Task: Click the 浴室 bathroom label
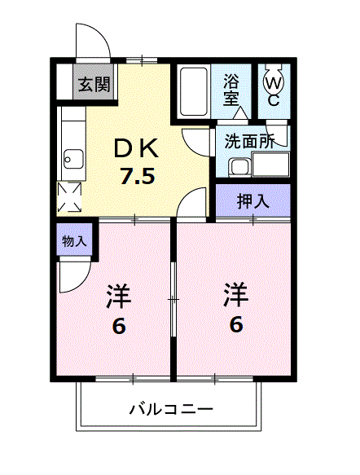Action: tap(231, 90)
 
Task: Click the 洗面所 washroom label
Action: tap(250, 139)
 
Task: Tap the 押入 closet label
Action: tap(252, 201)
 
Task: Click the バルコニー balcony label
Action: tap(171, 408)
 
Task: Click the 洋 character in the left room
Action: tap(118, 296)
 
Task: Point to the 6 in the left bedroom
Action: tap(118, 326)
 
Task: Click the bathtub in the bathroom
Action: tap(192, 91)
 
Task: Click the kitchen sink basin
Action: tap(69, 157)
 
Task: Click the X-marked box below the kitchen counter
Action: tap(69, 196)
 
